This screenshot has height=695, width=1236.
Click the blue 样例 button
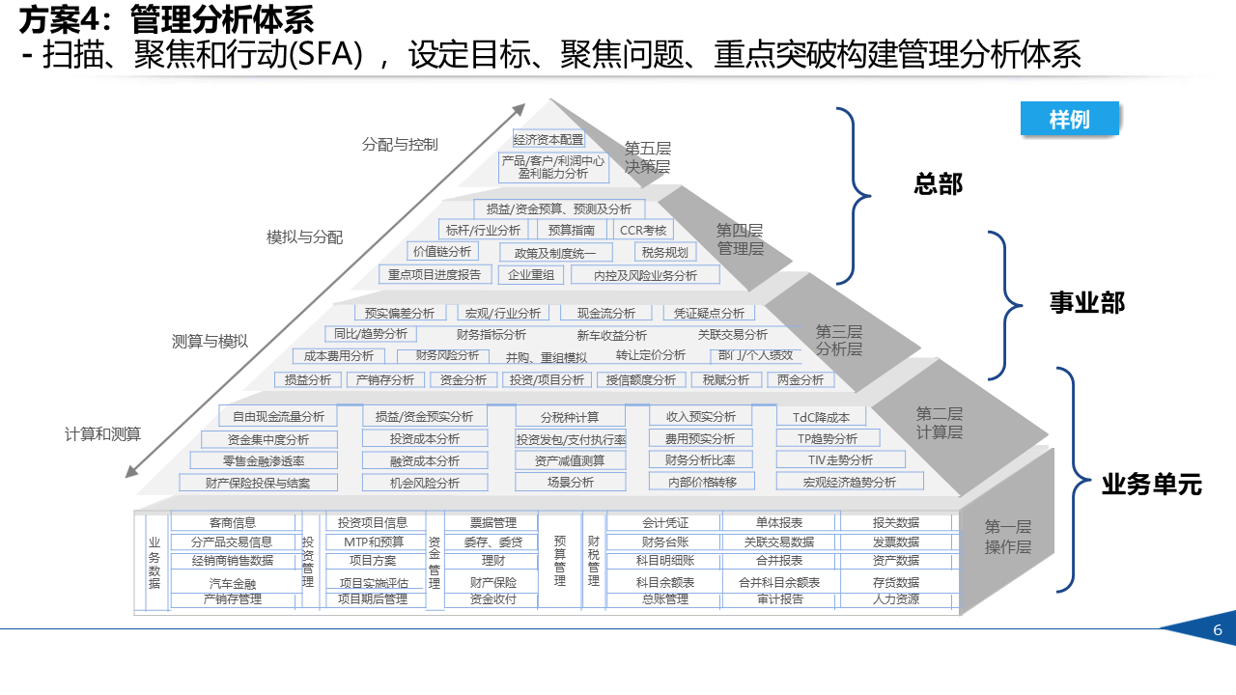1069,119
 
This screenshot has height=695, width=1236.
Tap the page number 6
1218,630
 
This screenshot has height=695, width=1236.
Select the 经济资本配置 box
548,139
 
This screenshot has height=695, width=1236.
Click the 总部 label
938,183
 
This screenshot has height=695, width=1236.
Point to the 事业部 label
1087,303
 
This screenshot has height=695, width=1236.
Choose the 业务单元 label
1151,485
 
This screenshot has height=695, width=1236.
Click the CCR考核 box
643,230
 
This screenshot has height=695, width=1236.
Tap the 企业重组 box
531,275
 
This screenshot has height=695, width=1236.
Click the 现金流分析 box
606,313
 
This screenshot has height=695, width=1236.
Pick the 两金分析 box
801,380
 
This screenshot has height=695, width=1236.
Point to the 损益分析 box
308,380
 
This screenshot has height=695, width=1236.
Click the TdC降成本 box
821,417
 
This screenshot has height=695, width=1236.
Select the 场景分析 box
570,482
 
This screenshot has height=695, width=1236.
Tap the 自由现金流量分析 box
278,417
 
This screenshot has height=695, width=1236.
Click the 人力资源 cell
896,599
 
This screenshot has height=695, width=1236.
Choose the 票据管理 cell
492,523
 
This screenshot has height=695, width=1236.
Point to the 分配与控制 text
400,145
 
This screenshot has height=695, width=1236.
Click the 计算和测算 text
102,434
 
